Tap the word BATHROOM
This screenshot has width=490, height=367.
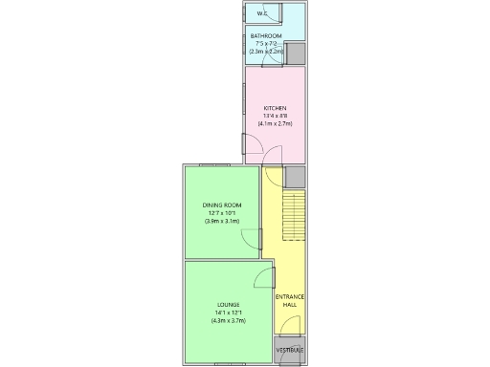pyautogui.click(x=266, y=35)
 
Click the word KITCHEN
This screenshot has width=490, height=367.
pyautogui.click(x=275, y=108)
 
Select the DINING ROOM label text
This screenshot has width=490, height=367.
pyautogui.click(x=221, y=205)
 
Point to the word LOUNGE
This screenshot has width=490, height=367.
pyautogui.click(x=228, y=305)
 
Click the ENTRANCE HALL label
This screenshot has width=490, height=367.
pyautogui.click(x=290, y=301)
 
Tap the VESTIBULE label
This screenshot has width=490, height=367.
pyautogui.click(x=290, y=351)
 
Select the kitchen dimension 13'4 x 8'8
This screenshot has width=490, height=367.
pyautogui.click(x=275, y=117)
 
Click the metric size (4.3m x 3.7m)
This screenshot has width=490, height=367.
pyautogui.click(x=228, y=321)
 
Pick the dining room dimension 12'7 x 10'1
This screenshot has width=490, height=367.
pyautogui.click(x=221, y=213)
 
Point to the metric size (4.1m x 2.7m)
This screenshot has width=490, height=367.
pyautogui.click(x=275, y=125)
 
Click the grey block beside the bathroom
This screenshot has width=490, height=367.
pyautogui.click(x=297, y=54)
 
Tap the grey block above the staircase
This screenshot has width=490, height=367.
pyautogui.click(x=295, y=177)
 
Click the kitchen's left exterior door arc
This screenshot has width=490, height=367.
pyautogui.click(x=254, y=144)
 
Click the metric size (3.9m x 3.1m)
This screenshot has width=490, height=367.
pyautogui.click(x=221, y=222)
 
